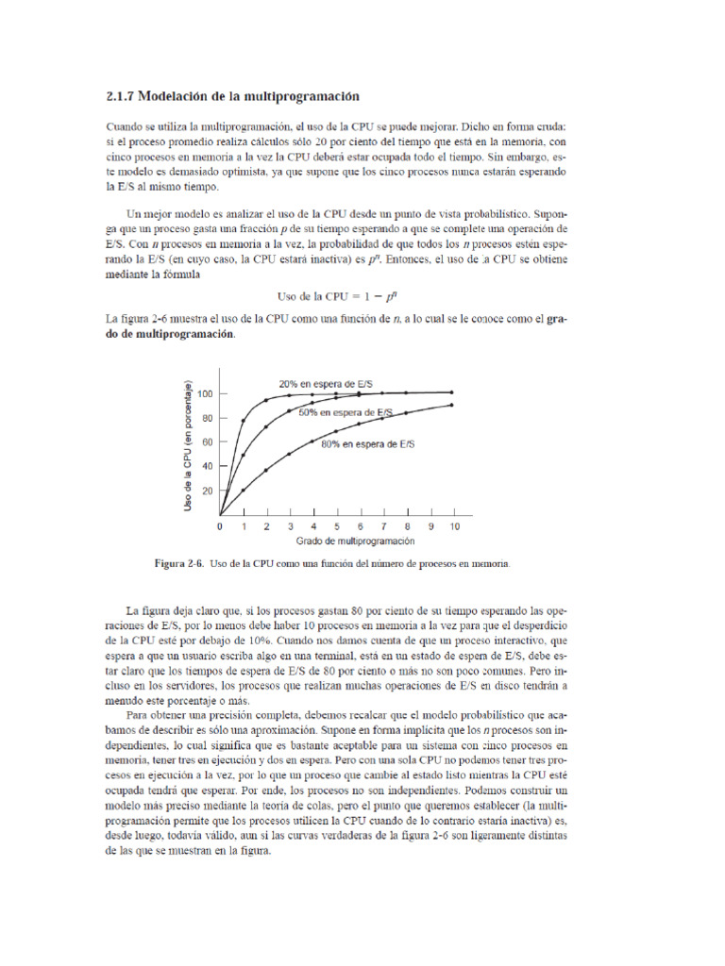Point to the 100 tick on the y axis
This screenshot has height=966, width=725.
204,392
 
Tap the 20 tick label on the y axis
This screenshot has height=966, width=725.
207,491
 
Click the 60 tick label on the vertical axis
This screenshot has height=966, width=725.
207,441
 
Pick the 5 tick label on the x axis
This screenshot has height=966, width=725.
337,526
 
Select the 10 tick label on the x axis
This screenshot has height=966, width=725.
453,526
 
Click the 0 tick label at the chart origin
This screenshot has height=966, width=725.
220,526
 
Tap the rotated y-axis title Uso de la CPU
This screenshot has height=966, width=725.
190,447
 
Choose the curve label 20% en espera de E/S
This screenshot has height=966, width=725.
325,383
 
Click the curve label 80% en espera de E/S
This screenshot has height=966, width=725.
367,443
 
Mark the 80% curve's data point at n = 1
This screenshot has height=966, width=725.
244,490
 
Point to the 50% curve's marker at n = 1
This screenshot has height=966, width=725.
244,454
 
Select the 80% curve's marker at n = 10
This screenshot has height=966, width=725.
453,406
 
